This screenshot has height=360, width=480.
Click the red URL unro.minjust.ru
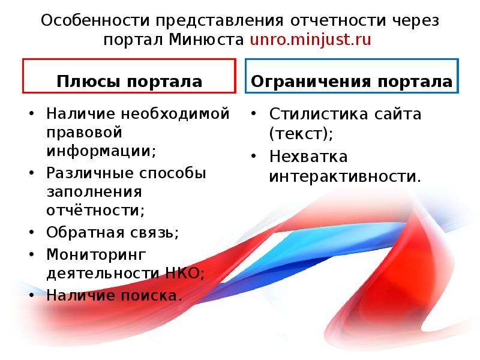310,40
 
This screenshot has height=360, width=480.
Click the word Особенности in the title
95,20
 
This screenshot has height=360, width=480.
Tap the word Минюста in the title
206,40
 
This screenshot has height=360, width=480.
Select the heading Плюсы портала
130,82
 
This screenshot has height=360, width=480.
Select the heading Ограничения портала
352,82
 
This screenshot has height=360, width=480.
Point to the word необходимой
175,113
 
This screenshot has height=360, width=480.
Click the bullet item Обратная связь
113,232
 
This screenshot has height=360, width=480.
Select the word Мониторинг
96,254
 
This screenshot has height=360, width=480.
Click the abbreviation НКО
183,273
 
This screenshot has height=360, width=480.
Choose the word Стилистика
319,114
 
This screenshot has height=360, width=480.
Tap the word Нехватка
308,157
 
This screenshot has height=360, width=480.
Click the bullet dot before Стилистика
253,113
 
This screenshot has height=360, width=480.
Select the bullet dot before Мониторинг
32,254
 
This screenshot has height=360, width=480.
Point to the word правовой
84,133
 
